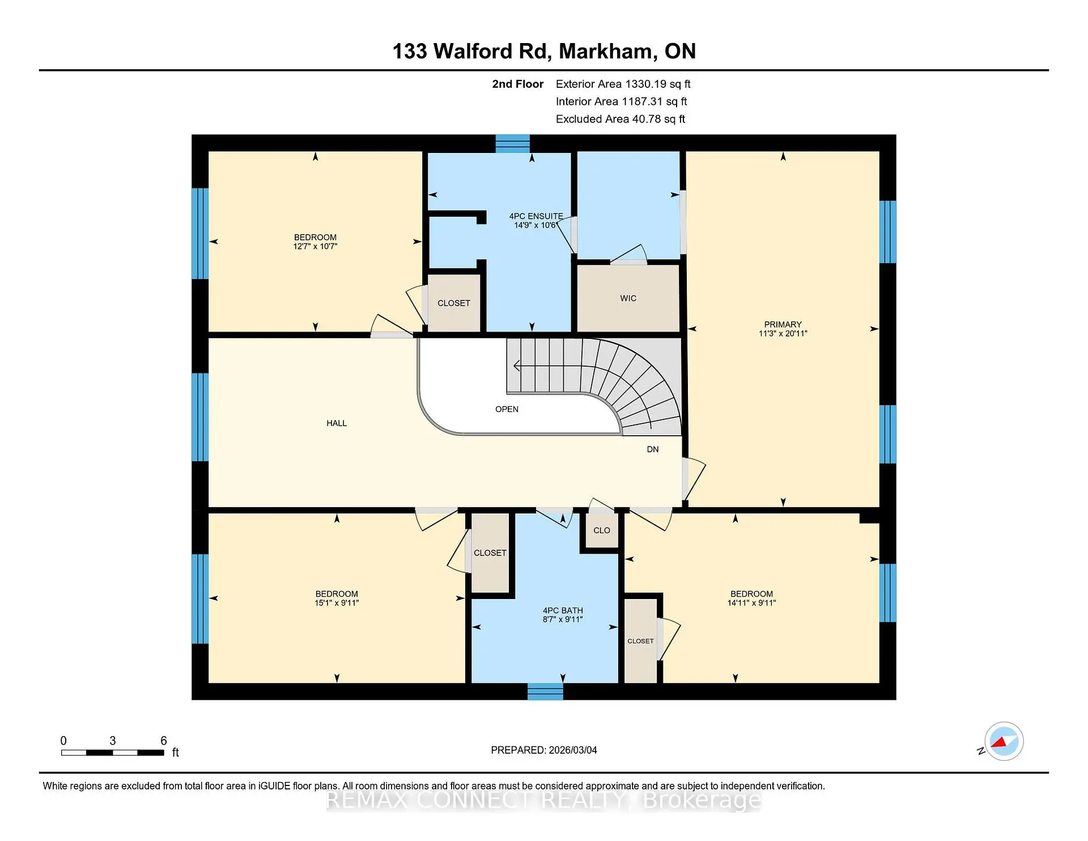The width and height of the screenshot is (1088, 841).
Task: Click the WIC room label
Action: coord(628,298)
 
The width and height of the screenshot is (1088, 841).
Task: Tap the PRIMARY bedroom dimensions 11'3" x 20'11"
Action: coord(783,334)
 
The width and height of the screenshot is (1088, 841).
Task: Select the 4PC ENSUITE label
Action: coord(535,216)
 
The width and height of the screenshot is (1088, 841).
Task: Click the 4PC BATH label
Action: coord(562,610)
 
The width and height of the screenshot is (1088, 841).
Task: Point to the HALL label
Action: coord(336,423)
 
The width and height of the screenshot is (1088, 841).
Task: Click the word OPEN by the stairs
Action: coord(507,409)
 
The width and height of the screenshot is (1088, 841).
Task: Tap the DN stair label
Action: coord(653,449)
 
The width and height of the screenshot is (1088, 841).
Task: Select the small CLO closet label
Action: coord(601,530)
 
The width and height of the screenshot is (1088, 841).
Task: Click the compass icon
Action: coord(1004,741)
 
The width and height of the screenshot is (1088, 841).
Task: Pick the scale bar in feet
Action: coord(113,753)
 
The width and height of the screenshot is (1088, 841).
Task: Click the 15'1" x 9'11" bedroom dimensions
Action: coord(337,603)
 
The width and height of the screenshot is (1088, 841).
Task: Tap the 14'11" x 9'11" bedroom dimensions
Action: coord(751,603)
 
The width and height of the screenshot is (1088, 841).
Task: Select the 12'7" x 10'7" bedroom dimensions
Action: coord(315,247)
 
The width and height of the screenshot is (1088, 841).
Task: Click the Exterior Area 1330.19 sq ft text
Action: coord(623,84)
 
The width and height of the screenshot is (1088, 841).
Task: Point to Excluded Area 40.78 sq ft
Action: coord(620,119)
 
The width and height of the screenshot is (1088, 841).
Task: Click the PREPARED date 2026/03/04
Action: coord(543,750)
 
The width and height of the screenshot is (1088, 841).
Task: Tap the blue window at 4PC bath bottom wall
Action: coord(545,691)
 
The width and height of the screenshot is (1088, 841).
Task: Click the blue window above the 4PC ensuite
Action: coord(512,143)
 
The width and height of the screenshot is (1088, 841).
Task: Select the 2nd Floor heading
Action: coord(517,84)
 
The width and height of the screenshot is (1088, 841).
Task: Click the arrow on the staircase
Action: coord(517,366)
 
